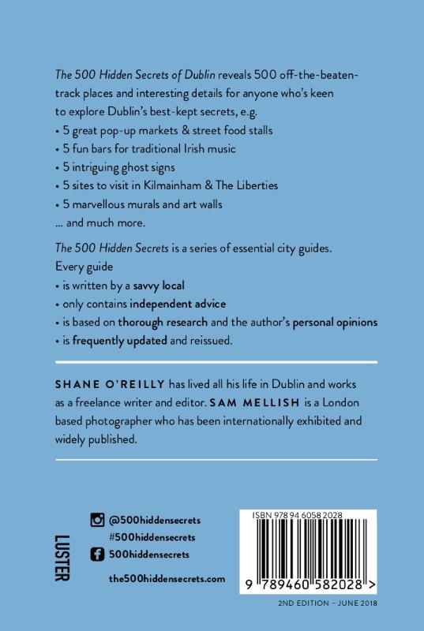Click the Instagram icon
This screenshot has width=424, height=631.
pyautogui.click(x=97, y=520)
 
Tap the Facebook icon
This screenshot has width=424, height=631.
pyautogui.click(x=97, y=556)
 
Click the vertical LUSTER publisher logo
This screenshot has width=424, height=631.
pyautogui.click(x=57, y=558)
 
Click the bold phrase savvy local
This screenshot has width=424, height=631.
pyautogui.click(x=158, y=284)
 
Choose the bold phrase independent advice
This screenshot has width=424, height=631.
pyautogui.click(x=178, y=303)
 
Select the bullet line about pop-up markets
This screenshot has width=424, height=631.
pyautogui.click(x=167, y=129)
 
